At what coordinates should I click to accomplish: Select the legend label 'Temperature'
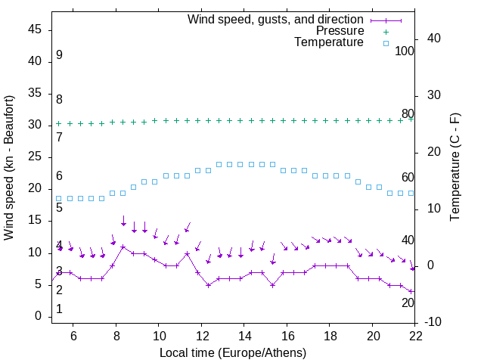pyautogui.click(x=329, y=42)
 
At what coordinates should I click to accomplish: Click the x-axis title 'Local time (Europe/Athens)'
pyautogui.click(x=233, y=352)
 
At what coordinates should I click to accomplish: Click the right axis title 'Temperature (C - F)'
pyautogui.click(x=455, y=168)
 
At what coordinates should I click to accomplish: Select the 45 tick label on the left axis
pyautogui.click(x=35, y=29)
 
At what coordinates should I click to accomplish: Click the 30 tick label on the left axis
pyautogui.click(x=35, y=125)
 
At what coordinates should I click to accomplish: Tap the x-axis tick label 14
pyautogui.click(x=244, y=337)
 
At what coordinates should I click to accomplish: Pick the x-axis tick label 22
pyautogui.click(x=415, y=337)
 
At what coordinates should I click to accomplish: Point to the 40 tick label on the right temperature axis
pyautogui.click(x=434, y=39)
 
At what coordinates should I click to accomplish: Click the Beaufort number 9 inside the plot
pyautogui.click(x=59, y=56)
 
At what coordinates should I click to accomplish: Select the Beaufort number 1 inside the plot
pyautogui.click(x=59, y=309)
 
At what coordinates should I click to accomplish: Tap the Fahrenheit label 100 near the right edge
pyautogui.click(x=405, y=51)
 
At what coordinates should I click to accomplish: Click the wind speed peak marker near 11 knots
pyautogui.click(x=123, y=247)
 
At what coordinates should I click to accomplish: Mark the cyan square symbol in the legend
pyautogui.click(x=386, y=43)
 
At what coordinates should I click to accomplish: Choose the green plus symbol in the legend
pyautogui.click(x=386, y=32)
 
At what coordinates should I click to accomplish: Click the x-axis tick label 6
pyautogui.click(x=73, y=337)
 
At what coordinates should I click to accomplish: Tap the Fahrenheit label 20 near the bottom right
pyautogui.click(x=408, y=303)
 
